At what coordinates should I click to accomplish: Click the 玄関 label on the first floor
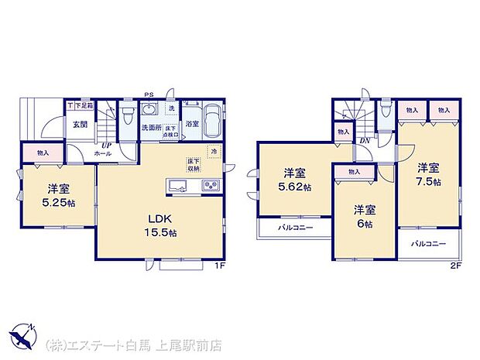click(x=80, y=124)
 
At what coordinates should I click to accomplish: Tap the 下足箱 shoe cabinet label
click(x=82, y=105)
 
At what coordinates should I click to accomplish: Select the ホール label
click(x=104, y=153)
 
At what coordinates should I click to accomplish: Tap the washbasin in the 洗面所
click(x=152, y=109)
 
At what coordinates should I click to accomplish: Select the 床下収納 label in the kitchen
click(x=193, y=165)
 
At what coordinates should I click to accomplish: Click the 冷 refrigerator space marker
click(x=214, y=152)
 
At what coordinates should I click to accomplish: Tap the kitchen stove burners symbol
click(x=211, y=185)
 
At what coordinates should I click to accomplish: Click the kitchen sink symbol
click(x=177, y=185)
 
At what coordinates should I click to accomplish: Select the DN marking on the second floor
click(x=364, y=140)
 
